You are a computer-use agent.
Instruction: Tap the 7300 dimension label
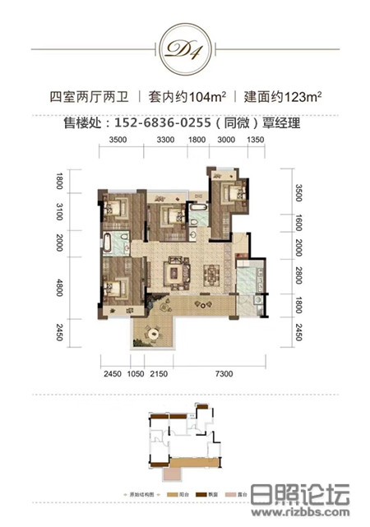click(220, 375)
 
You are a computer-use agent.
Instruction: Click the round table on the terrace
click(153, 332)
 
